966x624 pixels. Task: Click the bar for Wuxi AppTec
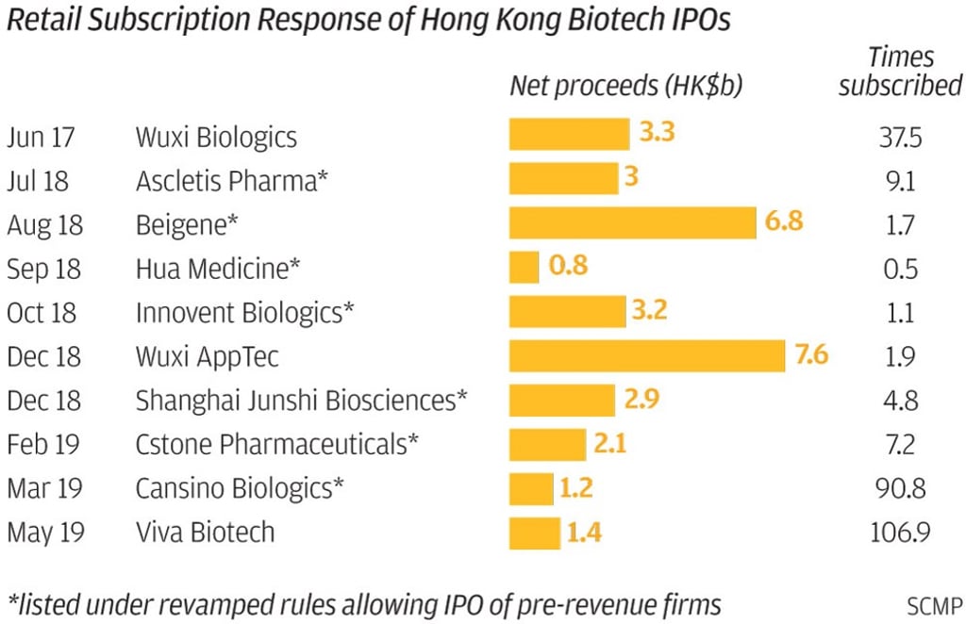(x=647, y=356)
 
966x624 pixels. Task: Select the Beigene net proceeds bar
(x=632, y=223)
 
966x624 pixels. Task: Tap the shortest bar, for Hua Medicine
(x=524, y=268)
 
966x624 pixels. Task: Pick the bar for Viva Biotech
(x=534, y=533)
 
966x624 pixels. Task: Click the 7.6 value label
(x=811, y=356)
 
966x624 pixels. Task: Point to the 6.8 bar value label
(x=785, y=223)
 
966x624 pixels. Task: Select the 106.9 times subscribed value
(x=899, y=533)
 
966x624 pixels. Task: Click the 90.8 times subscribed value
(x=899, y=488)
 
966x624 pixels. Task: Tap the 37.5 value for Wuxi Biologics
(x=899, y=138)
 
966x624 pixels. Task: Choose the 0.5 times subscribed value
(x=899, y=269)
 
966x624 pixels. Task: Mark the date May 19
(x=44, y=533)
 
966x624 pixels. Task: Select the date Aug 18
(x=44, y=224)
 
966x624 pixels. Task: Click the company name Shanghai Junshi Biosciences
(x=301, y=401)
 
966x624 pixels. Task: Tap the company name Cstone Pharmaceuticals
(x=277, y=444)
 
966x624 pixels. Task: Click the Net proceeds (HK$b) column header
(x=626, y=86)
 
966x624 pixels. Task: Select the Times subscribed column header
(x=900, y=72)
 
